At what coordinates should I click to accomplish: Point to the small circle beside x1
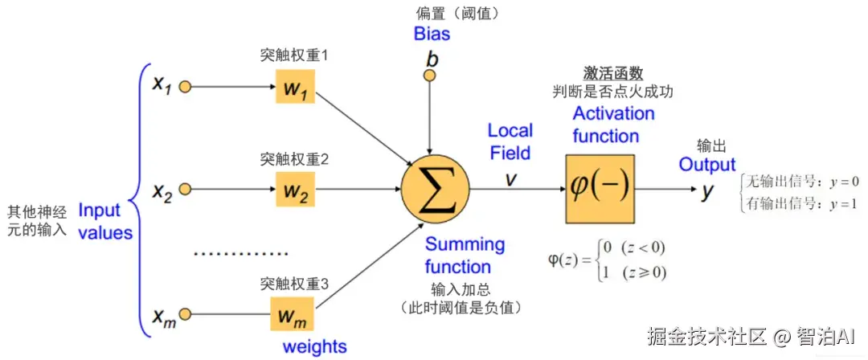pyautogui.click(x=185, y=86)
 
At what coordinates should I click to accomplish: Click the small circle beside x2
pyautogui.click(x=185, y=190)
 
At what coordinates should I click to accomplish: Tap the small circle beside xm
pyautogui.click(x=185, y=314)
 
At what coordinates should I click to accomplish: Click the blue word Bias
pyautogui.click(x=432, y=34)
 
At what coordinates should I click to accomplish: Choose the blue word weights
pyautogui.click(x=314, y=347)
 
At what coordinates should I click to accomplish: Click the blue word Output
pyautogui.click(x=707, y=165)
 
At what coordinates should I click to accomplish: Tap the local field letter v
pyautogui.click(x=510, y=178)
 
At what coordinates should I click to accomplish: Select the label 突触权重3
pyautogui.click(x=294, y=284)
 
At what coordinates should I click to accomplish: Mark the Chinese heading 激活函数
pyautogui.click(x=613, y=73)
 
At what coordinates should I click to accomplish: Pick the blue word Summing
pyautogui.click(x=465, y=244)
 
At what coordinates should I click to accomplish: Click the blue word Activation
pyautogui.click(x=613, y=113)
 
